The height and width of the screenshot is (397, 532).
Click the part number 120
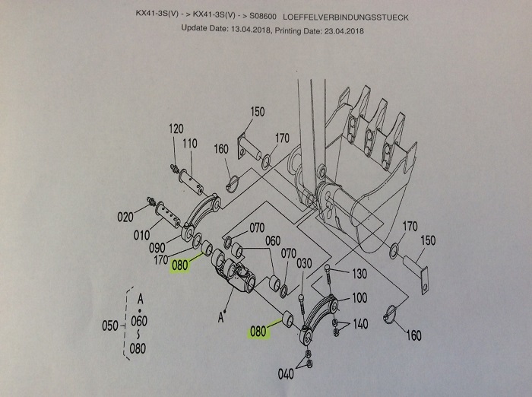(x=176, y=129)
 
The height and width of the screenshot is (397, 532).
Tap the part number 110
(x=190, y=143)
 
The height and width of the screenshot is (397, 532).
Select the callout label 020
(x=125, y=217)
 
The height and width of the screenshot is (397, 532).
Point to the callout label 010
(x=142, y=235)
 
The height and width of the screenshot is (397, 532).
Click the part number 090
(x=157, y=249)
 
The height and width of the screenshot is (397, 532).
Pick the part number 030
(x=304, y=263)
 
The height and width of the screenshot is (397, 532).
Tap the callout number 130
(x=358, y=274)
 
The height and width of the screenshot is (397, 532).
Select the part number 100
(x=359, y=297)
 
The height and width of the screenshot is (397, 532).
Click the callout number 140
(x=359, y=324)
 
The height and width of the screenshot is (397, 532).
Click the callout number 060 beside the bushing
(x=273, y=241)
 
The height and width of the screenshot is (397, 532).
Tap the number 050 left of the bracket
(x=112, y=326)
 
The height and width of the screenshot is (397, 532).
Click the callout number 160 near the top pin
(x=222, y=149)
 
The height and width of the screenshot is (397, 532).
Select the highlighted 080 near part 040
(x=258, y=332)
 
